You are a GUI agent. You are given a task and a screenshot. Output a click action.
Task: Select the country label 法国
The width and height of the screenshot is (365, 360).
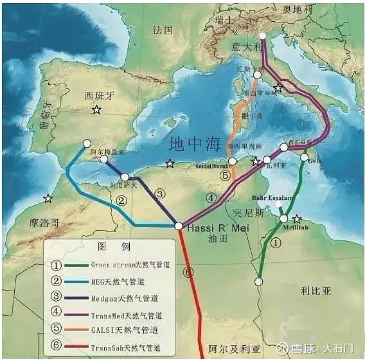163,30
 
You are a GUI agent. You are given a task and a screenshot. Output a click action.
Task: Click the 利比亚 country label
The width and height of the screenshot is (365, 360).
315,291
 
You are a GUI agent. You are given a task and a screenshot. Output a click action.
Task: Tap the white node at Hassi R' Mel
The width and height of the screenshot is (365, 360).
179,226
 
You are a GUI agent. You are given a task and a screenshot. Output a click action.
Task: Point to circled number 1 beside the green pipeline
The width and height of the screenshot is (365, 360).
276,243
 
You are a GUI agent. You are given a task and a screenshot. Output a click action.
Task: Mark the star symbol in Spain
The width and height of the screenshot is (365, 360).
96,110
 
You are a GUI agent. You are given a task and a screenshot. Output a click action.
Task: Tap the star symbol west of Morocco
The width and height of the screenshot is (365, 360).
47,198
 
